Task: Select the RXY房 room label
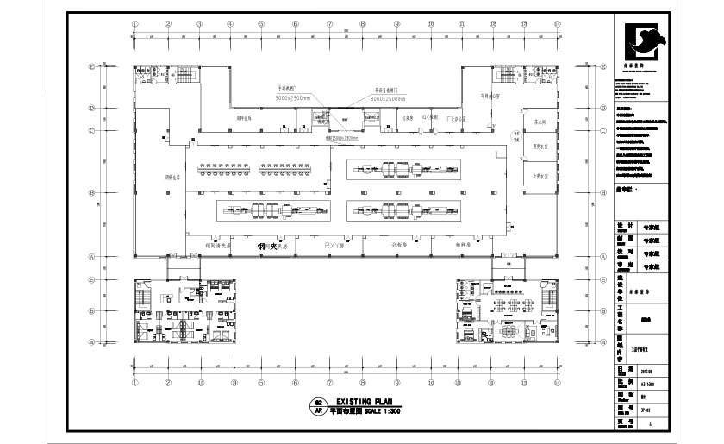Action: (334, 245)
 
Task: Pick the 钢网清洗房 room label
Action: (218, 245)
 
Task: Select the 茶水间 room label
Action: (541, 122)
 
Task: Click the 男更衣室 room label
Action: (541, 147)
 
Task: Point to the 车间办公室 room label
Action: (493, 96)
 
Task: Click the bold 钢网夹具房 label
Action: (271, 246)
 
